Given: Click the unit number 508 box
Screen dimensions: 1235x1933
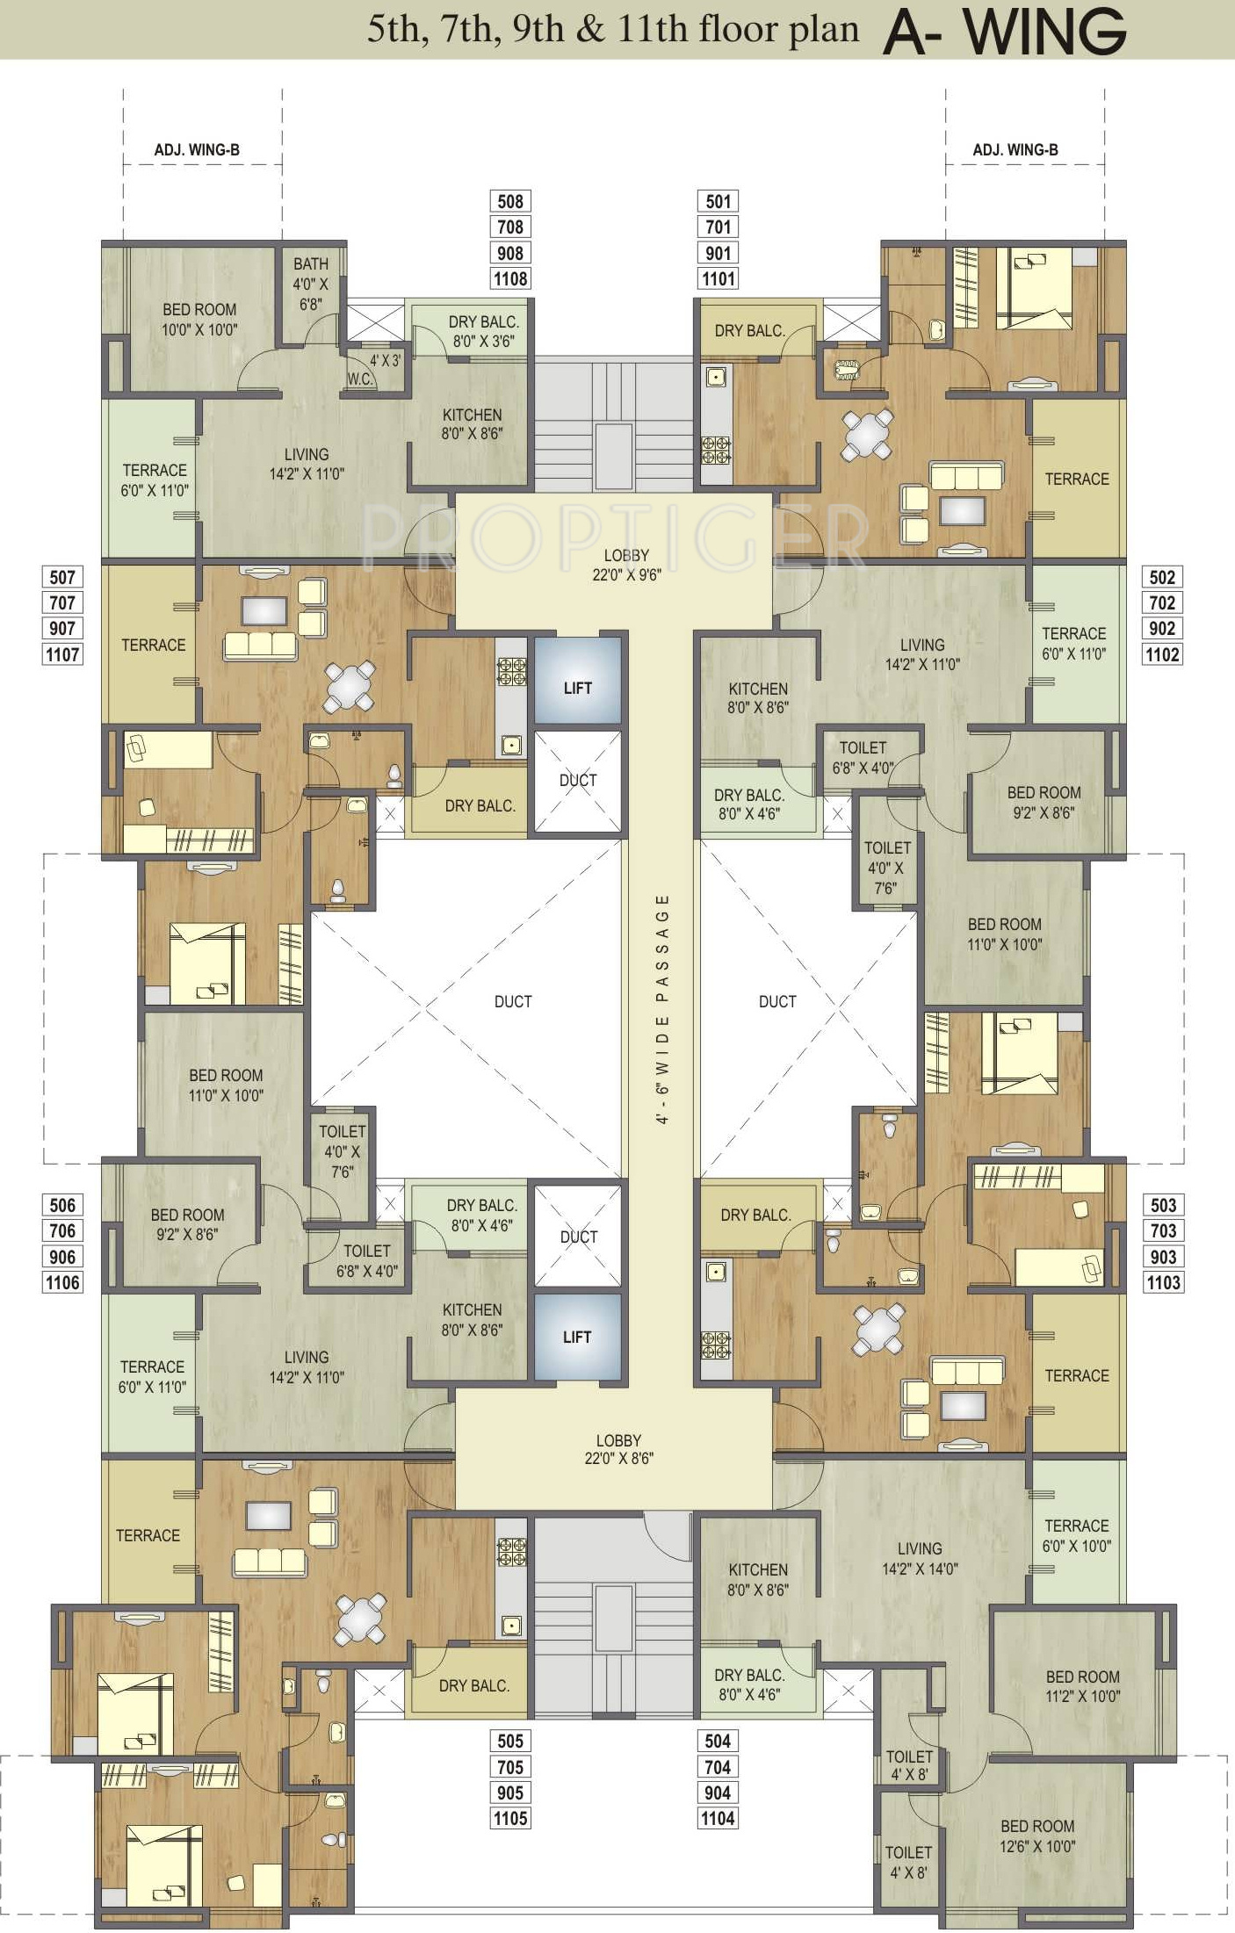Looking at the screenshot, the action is click(x=510, y=201).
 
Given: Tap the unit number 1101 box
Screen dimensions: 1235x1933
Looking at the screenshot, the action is click(x=719, y=278).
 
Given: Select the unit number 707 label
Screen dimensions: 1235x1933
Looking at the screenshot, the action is click(x=62, y=602).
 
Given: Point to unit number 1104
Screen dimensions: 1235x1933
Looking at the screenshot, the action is click(x=718, y=1818).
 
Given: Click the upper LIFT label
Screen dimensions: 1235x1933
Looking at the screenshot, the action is click(x=578, y=688).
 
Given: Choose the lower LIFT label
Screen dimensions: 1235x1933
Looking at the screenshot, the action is click(x=577, y=1337).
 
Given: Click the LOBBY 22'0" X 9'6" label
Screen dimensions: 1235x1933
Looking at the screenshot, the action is click(x=626, y=565).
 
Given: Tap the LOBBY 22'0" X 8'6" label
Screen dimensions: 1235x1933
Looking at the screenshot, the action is click(x=618, y=1449).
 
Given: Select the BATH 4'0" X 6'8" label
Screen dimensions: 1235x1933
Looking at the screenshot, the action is click(x=310, y=284).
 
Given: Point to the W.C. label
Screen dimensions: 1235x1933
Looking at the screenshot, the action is click(x=360, y=379).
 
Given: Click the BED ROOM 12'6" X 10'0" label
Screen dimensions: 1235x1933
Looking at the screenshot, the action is click(x=1036, y=1836).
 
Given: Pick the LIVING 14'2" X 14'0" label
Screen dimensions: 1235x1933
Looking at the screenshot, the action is click(x=920, y=1558).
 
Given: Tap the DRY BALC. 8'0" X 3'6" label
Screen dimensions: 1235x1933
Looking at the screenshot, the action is click(x=483, y=331).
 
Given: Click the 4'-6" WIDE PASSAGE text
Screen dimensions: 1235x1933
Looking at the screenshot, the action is click(x=663, y=1009).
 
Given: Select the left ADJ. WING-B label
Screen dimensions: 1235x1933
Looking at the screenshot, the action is click(x=197, y=150).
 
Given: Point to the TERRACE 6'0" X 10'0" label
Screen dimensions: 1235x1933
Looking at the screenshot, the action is click(x=1076, y=1535).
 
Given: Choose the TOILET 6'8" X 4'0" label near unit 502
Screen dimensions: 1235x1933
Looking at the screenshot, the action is click(x=863, y=757).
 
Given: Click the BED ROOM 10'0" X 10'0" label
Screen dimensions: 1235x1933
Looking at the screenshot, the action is click(x=199, y=320).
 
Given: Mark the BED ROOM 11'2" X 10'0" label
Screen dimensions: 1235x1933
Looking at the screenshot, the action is click(x=1082, y=1686).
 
